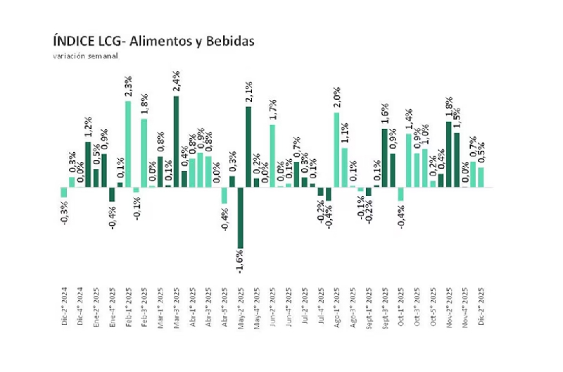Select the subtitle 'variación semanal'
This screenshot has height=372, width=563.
[x=86, y=55]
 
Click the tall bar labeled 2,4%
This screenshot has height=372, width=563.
[x=176, y=141]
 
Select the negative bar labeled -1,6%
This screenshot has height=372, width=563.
[x=240, y=218]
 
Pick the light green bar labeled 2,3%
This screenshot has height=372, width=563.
[x=128, y=144]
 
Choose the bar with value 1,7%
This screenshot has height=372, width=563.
[x=272, y=155]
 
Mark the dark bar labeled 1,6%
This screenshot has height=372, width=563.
[x=384, y=158]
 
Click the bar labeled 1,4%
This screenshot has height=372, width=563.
[x=408, y=160]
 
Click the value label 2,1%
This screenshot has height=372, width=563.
[x=249, y=92]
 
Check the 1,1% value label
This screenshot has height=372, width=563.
[x=345, y=133]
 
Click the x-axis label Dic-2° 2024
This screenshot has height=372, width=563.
[x=64, y=304]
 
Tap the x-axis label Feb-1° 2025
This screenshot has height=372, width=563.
[x=128, y=304]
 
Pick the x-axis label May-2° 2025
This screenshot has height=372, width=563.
[x=240, y=304]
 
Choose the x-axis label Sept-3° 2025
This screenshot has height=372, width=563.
[x=384, y=304]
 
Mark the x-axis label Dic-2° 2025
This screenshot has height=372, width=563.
[x=481, y=304]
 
